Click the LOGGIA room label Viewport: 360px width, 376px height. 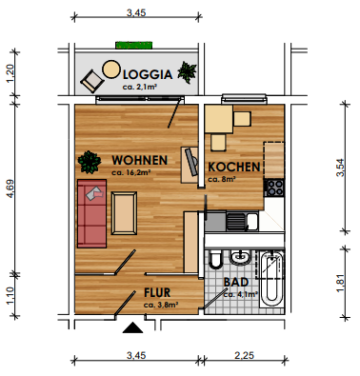[143, 75]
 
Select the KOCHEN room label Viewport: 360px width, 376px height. [234, 167]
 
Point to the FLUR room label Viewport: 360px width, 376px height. [158, 293]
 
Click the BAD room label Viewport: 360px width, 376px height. [236, 282]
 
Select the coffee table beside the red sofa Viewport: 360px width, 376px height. [125, 213]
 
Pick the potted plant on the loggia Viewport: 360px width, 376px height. [186, 71]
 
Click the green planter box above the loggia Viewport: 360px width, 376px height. [133, 45]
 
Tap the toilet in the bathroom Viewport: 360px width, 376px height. [215, 262]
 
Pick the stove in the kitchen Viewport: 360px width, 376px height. [274, 186]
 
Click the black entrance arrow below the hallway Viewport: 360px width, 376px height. [132, 327]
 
